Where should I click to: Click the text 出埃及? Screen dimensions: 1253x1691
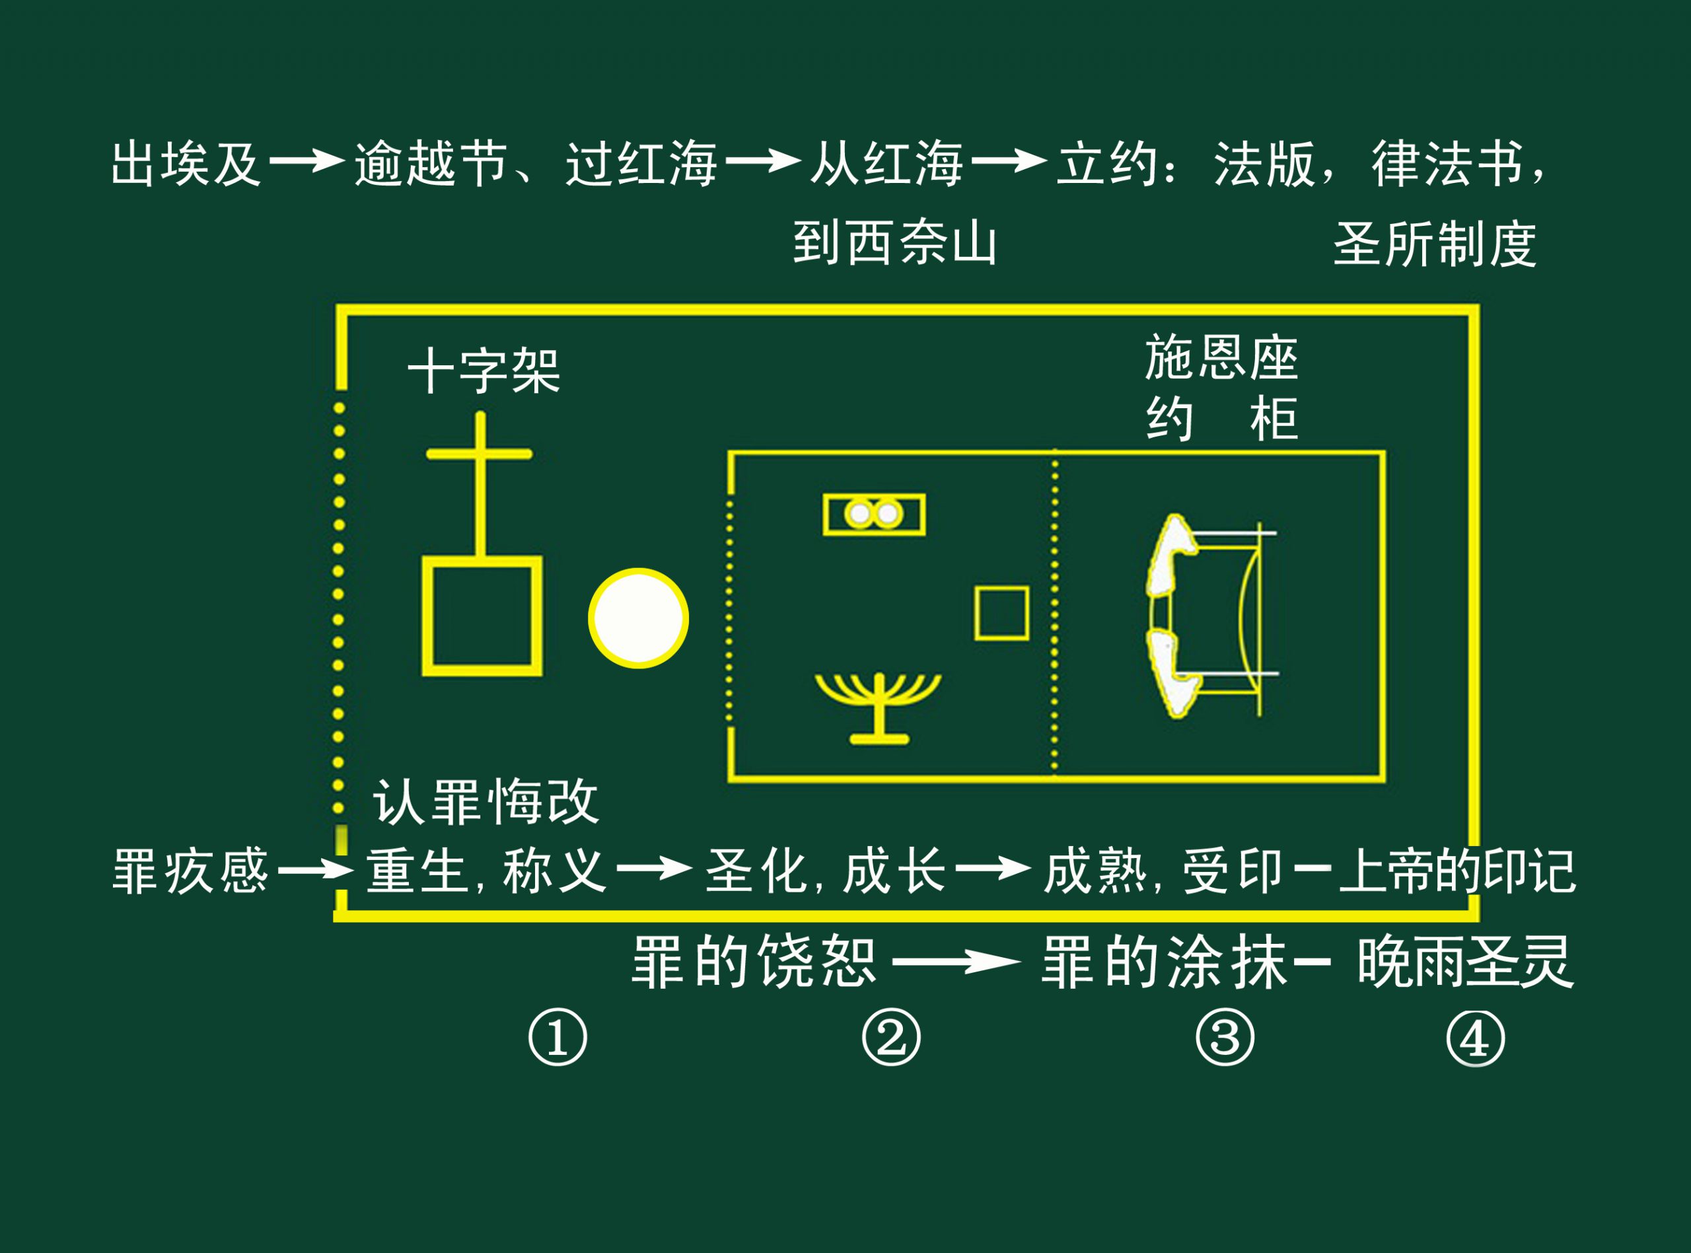186,163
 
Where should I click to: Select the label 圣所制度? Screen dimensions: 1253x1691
1435,245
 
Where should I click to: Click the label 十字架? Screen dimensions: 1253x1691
484,371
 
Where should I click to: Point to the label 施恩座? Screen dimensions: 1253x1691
1221,357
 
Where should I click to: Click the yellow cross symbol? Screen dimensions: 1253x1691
480,478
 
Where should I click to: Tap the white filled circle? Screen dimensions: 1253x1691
639,618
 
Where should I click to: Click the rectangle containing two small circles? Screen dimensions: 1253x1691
873,515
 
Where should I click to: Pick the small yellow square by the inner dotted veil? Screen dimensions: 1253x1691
1001,613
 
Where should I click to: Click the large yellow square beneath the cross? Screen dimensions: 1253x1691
482,616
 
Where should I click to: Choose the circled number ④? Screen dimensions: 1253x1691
1476,1038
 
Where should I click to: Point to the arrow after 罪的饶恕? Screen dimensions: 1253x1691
957,962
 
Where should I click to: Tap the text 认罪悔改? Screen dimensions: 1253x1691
486,802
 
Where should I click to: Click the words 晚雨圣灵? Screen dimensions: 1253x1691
1465,962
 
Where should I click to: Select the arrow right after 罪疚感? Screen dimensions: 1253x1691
314,869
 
